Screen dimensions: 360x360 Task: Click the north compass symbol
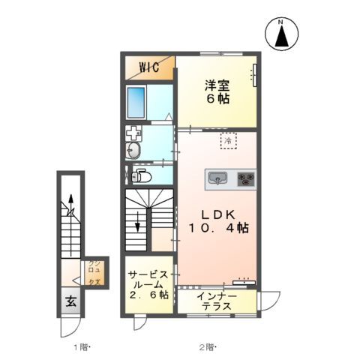click(x=281, y=34)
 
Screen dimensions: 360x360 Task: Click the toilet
click(x=140, y=177)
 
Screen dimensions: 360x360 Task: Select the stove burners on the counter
click(x=246, y=178)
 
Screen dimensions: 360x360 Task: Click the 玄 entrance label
click(x=70, y=302)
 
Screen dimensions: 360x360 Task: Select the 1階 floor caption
click(x=80, y=346)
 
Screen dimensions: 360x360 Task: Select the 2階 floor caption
click(x=208, y=346)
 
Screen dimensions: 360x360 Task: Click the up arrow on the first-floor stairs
click(x=71, y=201)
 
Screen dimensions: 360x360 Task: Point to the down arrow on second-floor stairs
click(x=138, y=221)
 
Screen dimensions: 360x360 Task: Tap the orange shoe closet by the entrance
click(x=95, y=272)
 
